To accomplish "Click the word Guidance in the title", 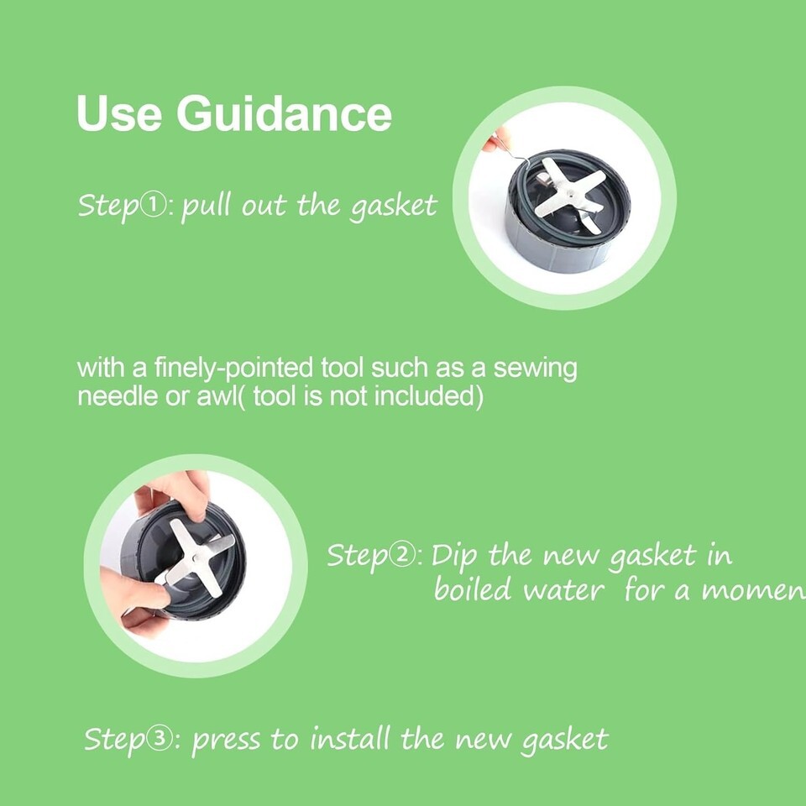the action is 285,113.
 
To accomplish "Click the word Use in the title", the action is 119,113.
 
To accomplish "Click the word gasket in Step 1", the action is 393,207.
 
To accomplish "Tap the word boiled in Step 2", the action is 473,589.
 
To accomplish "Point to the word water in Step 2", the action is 563,591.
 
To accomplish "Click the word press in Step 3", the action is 226,741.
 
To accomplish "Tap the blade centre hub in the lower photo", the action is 196,557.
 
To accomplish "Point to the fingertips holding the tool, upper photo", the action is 494,140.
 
